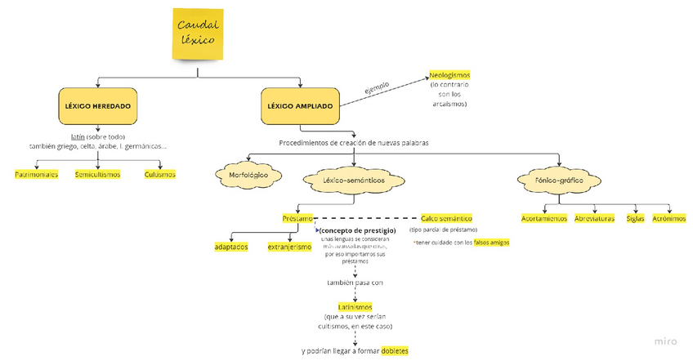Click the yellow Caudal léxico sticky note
coord(198,33)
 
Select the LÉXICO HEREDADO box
coord(98,106)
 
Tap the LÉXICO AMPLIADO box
coord(300,106)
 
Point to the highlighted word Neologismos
coord(449,75)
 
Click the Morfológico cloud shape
coord(249,175)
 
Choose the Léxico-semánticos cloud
coord(353,179)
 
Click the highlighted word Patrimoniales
coord(37,174)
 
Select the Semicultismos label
coord(97,174)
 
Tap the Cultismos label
coord(159,174)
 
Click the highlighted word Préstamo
coord(297,218)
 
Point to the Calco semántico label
coord(446,218)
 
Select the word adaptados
coord(231,247)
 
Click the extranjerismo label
coord(289,247)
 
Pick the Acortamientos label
coord(544,218)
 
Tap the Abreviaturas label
coord(594,218)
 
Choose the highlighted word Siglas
coord(635,218)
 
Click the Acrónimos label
coord(669,218)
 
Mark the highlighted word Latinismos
coord(355,307)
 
